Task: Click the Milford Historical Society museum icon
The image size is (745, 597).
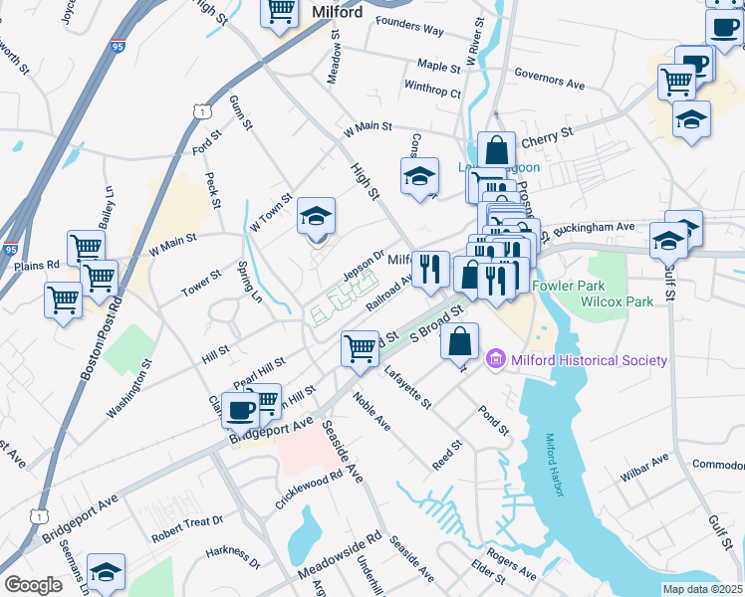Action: click(495, 360)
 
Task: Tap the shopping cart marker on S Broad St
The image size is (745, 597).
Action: click(360, 348)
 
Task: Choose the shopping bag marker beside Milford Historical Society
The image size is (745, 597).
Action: click(458, 340)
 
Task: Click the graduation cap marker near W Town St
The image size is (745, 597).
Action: click(316, 216)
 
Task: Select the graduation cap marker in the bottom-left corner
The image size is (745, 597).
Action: click(106, 572)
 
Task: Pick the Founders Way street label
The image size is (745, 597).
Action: click(409, 31)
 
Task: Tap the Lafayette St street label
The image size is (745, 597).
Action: click(406, 389)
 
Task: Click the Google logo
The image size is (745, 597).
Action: click(33, 585)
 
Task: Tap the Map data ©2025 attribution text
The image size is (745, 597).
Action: click(702, 589)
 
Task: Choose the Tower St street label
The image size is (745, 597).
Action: click(200, 283)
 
